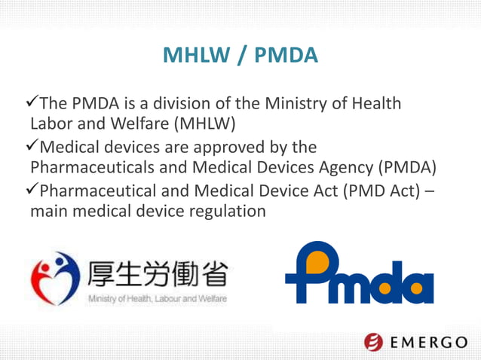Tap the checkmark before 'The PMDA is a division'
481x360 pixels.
(x=32, y=102)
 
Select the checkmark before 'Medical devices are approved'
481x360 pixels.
(x=32, y=145)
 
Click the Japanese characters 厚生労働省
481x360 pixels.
(x=158, y=274)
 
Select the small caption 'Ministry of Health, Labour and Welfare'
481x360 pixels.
(x=158, y=299)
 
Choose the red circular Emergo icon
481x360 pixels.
(x=374, y=342)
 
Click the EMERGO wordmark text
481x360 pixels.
(x=429, y=343)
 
